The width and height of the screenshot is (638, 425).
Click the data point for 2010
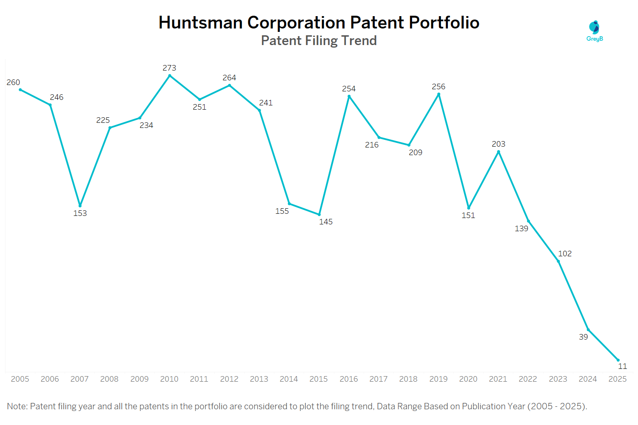pos(170,76)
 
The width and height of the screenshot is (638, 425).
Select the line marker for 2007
pos(80,206)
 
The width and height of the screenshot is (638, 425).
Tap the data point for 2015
pos(319,215)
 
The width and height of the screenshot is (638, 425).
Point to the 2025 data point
pos(618,360)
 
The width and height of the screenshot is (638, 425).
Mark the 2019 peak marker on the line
pos(439,94)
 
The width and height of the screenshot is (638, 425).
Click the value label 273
pos(169,68)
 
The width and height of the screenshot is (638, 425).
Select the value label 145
pos(326,222)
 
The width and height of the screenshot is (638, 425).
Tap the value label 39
pos(583,337)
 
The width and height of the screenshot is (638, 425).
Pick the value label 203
pos(498,144)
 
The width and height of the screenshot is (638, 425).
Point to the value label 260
pos(13,82)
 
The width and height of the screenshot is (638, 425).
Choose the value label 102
pos(565,254)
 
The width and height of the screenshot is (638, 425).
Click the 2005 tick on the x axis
pos(20,379)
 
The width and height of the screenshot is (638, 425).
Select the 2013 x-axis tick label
pos(259,379)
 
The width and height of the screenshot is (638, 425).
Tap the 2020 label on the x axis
pos(468,379)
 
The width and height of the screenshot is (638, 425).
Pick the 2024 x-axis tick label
pos(588,379)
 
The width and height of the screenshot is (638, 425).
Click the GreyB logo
pos(595,31)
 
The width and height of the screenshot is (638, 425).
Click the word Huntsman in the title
pos(200,23)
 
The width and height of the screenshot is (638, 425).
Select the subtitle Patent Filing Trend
pos(319,41)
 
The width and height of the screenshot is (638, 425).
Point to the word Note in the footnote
pos(17,406)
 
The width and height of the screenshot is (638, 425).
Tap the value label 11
pos(622,366)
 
